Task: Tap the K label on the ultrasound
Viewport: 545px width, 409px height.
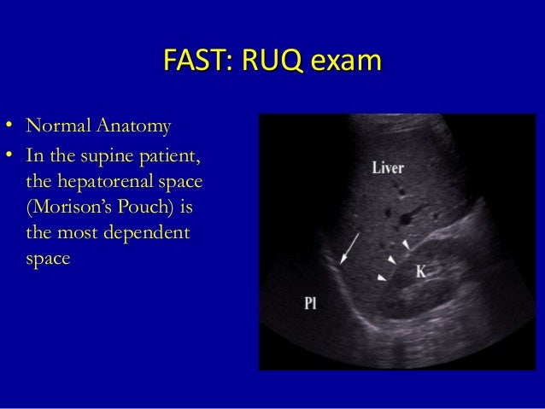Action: click(x=420, y=272)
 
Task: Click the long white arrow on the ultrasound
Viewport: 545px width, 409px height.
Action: click(x=349, y=248)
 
